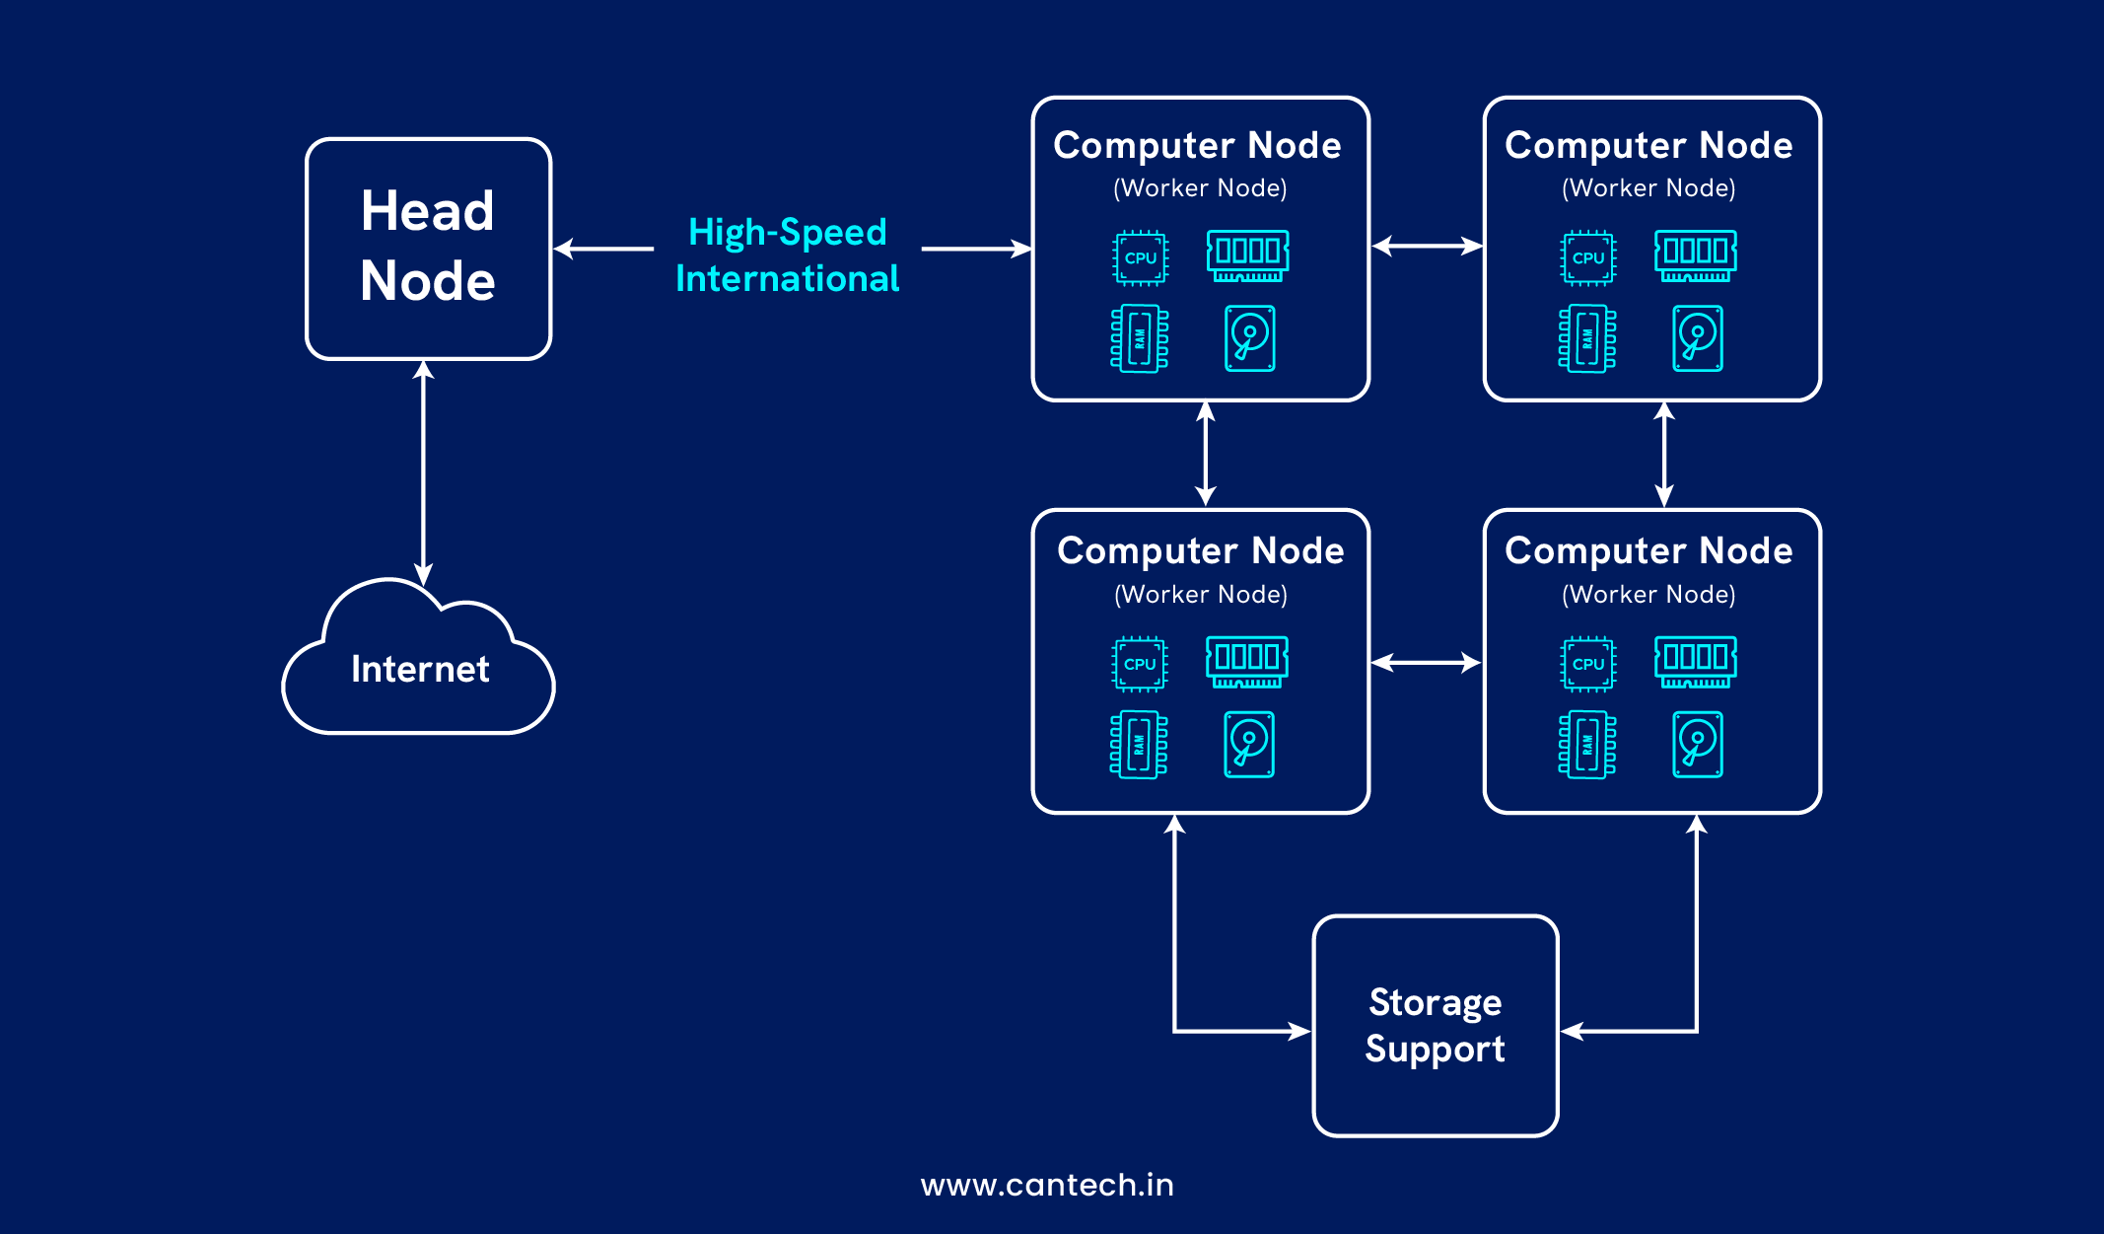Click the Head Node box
pyautogui.click(x=428, y=249)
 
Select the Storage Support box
pyautogui.click(x=1435, y=1026)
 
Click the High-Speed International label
pyautogui.click(x=787, y=254)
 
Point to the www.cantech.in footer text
pyautogui.click(x=1047, y=1185)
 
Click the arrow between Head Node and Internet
pyautogui.click(x=423, y=473)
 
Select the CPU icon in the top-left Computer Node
pyautogui.click(x=1141, y=257)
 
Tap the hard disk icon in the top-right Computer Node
pyautogui.click(x=1697, y=338)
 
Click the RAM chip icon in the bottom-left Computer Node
pyautogui.click(x=1139, y=745)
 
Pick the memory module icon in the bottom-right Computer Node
pyautogui.click(x=1695, y=662)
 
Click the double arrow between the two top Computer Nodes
pyautogui.click(x=1427, y=246)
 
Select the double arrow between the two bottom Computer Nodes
pyautogui.click(x=1426, y=663)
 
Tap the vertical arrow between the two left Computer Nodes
pyautogui.click(x=1205, y=454)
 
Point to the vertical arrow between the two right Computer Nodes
pyautogui.click(x=1664, y=454)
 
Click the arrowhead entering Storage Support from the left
pyautogui.click(x=1299, y=1032)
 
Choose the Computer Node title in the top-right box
pyautogui.click(x=1648, y=145)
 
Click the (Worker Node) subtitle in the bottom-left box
pyautogui.click(x=1200, y=594)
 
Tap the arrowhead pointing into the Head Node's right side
pyautogui.click(x=565, y=249)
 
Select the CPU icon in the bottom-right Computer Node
pyautogui.click(x=1587, y=664)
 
